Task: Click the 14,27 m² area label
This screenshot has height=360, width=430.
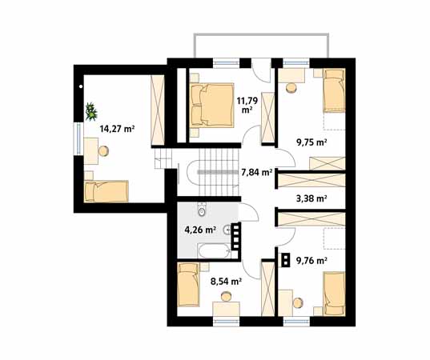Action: click(x=117, y=129)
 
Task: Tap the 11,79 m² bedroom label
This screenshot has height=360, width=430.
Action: click(x=247, y=106)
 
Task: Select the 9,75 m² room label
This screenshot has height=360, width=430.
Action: click(x=311, y=142)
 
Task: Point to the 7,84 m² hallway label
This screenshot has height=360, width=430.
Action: click(x=257, y=172)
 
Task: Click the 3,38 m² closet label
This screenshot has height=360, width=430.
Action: click(x=311, y=198)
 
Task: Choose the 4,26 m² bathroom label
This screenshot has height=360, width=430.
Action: click(x=199, y=230)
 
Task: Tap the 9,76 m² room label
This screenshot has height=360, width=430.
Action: click(x=311, y=260)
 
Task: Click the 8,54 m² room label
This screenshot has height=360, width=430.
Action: click(x=226, y=281)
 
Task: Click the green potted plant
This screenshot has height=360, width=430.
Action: click(x=90, y=111)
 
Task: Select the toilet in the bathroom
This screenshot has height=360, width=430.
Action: click(x=202, y=210)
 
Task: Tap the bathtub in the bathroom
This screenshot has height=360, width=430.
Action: click(x=214, y=250)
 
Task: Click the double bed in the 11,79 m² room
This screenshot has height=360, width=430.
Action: click(x=212, y=106)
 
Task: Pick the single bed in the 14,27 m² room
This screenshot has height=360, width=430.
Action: click(x=106, y=191)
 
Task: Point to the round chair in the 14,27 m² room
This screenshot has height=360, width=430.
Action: click(x=103, y=151)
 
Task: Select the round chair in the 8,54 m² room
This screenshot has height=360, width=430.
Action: click(x=227, y=297)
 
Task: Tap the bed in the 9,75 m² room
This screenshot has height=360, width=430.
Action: click(x=334, y=90)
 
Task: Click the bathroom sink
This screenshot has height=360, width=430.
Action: click(x=227, y=230)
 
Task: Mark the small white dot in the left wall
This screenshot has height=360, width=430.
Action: click(x=81, y=86)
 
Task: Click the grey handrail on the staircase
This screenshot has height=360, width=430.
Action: click(x=218, y=172)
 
